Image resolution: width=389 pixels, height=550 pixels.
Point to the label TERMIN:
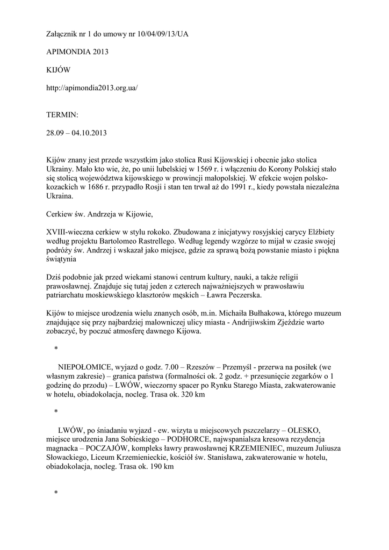coord(62,115)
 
